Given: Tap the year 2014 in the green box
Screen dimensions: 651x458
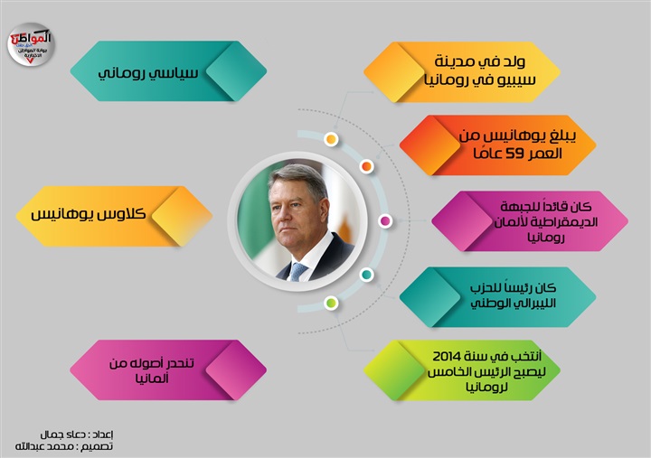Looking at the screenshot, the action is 448,356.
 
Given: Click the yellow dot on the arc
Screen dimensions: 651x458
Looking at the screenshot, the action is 331,139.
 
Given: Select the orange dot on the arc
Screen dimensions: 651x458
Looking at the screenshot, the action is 366,166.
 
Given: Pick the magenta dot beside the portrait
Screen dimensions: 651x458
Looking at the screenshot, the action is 385,221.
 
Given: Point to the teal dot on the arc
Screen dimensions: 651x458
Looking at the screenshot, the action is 366,275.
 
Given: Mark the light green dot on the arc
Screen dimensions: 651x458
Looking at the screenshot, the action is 331,303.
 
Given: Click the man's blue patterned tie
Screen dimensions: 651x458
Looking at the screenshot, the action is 298,272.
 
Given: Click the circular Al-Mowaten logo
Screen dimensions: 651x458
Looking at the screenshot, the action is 31,44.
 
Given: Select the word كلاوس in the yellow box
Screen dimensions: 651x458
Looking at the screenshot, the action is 121,214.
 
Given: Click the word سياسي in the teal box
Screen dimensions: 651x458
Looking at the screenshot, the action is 174,73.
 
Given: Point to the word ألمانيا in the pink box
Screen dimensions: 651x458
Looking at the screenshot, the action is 152,379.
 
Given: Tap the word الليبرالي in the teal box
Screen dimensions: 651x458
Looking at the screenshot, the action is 534,304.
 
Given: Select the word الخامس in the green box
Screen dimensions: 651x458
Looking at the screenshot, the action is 449,372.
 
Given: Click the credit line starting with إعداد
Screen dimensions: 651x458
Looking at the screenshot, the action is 77,435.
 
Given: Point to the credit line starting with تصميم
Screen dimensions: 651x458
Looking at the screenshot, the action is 64,446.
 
